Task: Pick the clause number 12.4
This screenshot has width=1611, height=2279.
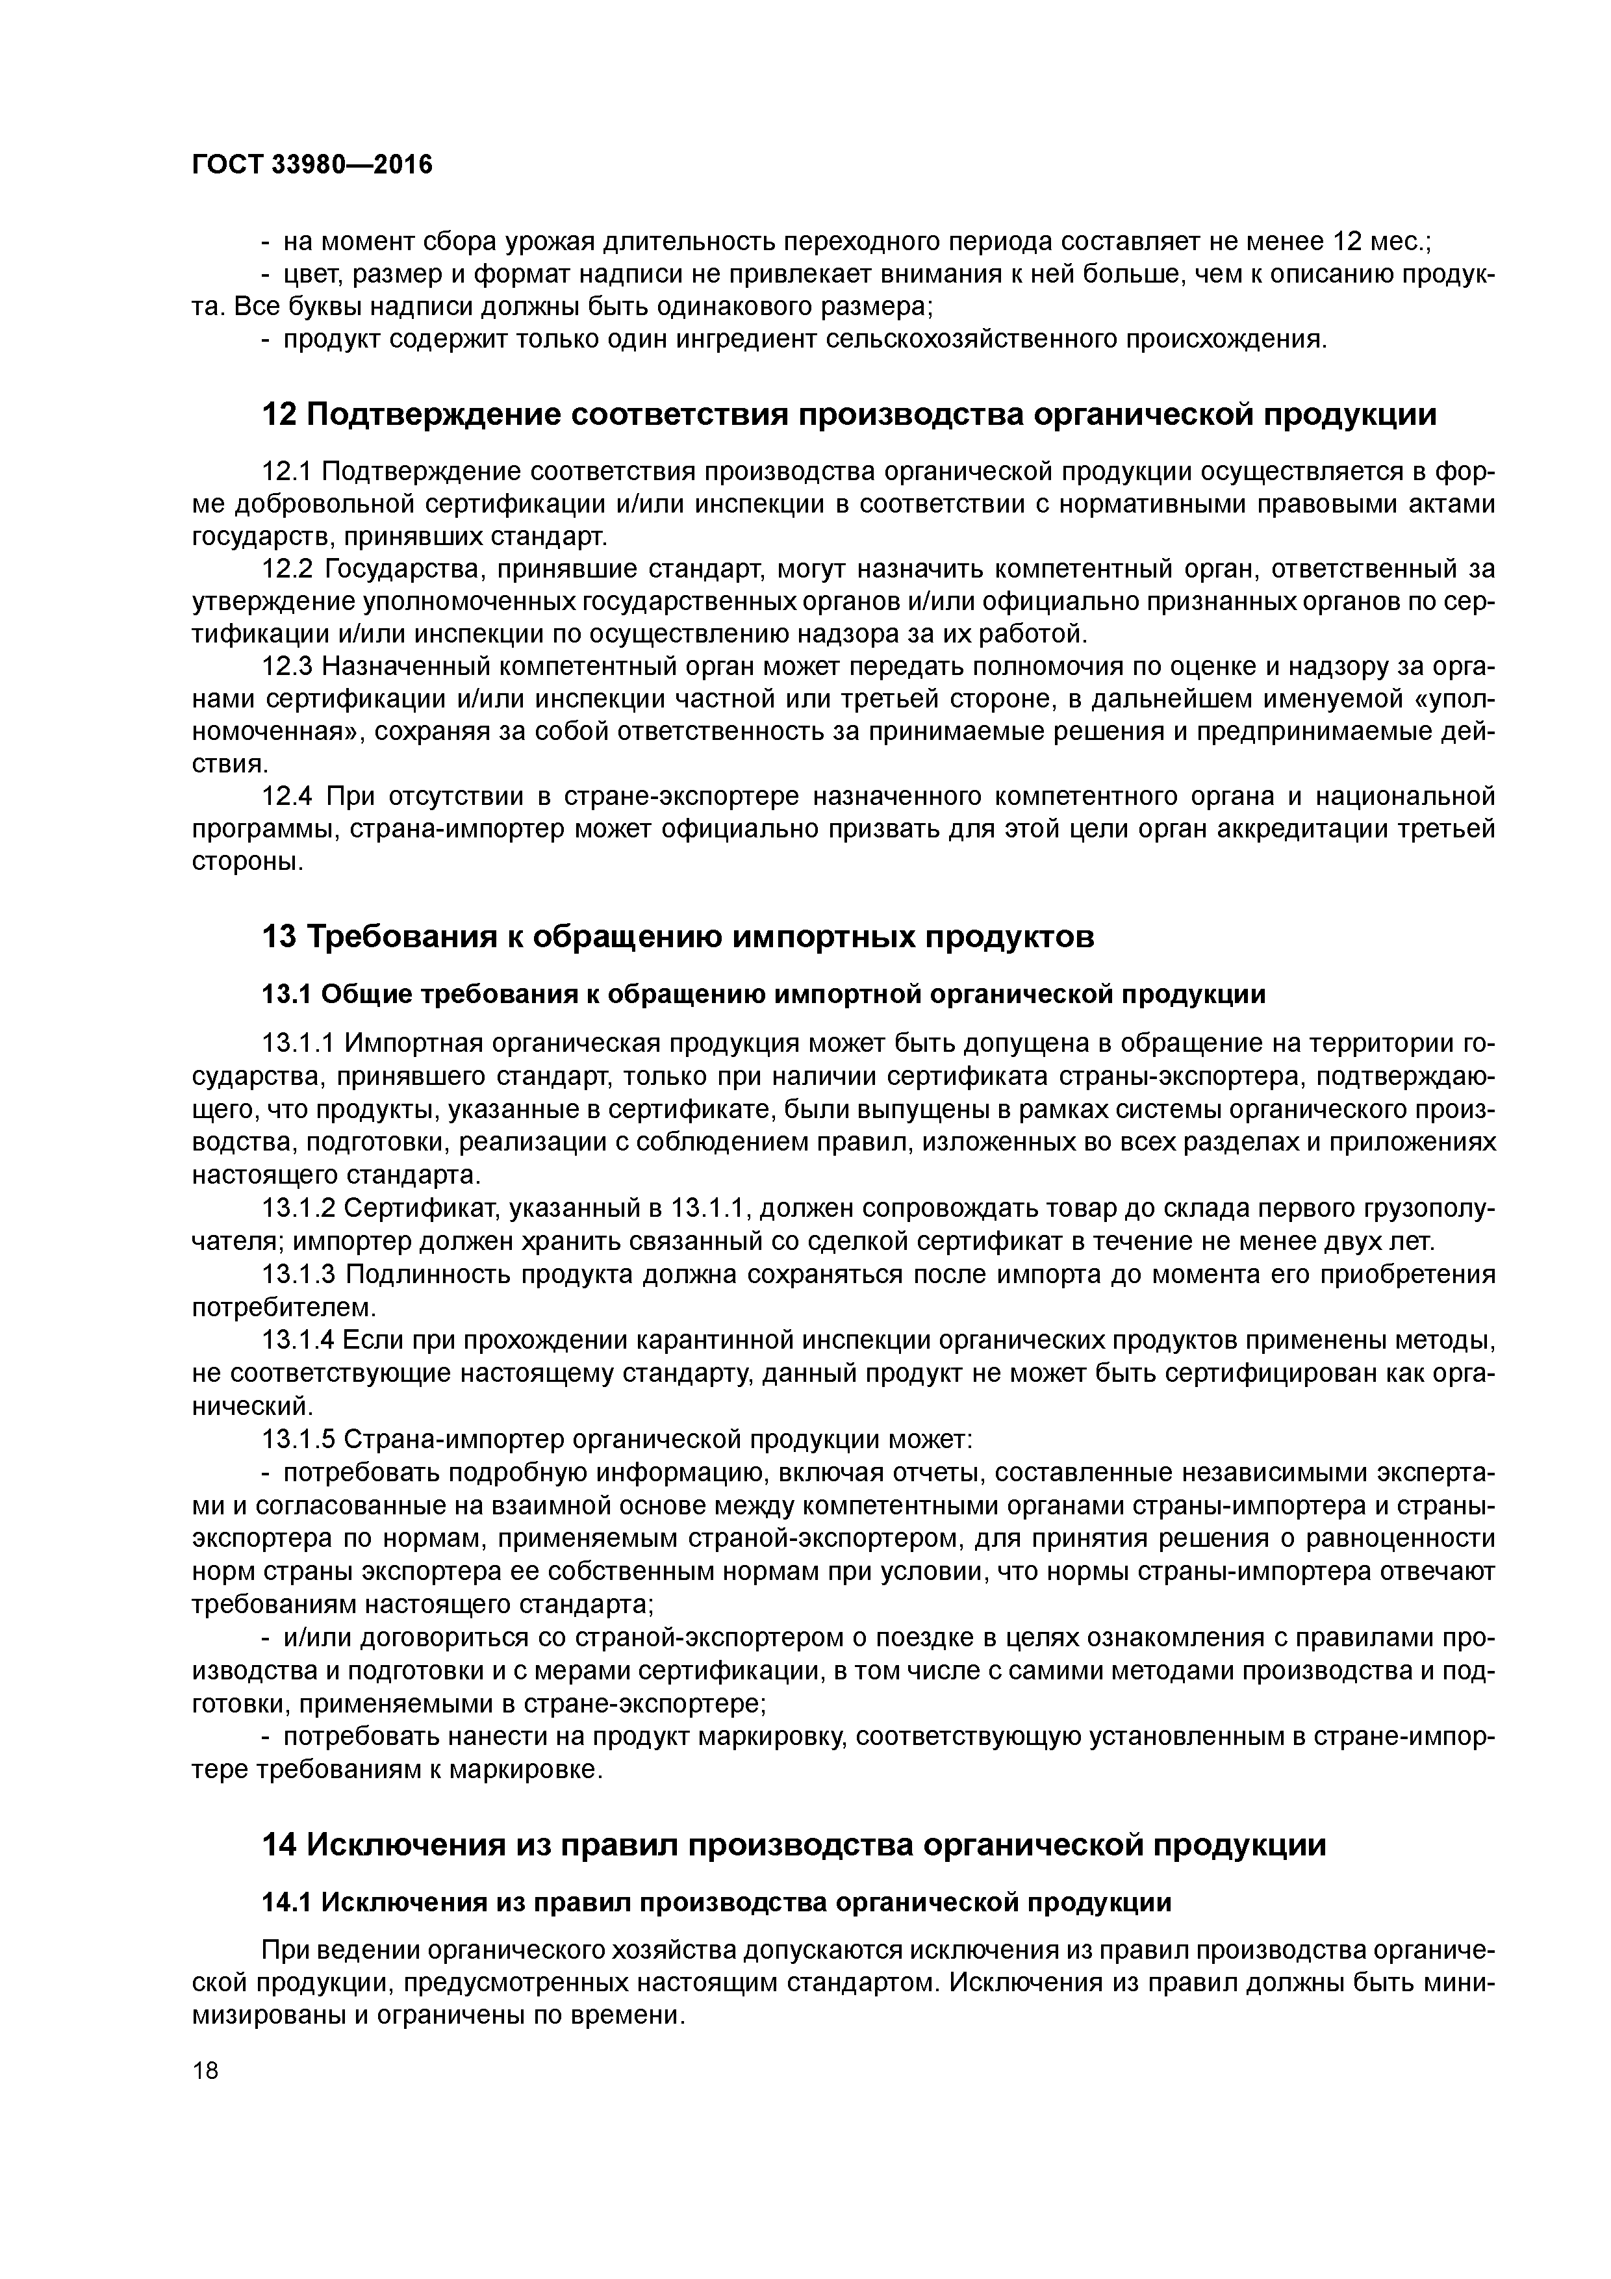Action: [287, 796]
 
